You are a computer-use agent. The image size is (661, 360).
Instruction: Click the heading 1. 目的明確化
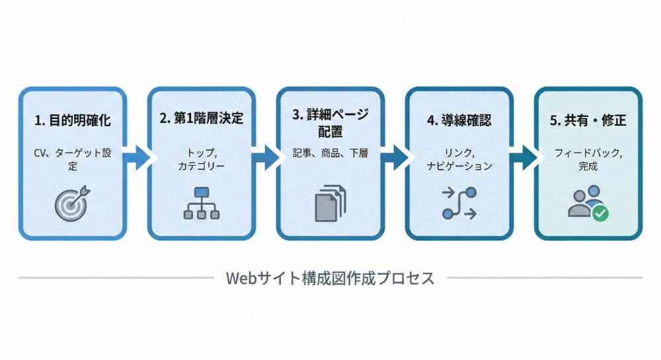pos(72,121)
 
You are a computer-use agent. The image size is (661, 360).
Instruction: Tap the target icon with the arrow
pos(71,203)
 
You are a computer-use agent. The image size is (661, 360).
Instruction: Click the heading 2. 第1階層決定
pos(201,121)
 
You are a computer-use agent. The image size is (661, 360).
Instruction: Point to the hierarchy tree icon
pos(201,203)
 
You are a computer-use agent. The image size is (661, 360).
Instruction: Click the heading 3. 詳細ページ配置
pos(330,122)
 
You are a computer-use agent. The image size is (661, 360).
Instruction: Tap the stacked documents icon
pos(329,203)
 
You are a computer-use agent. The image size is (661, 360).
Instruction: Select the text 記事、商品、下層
pos(330,153)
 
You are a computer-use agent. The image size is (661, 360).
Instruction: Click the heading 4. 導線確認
pos(459,121)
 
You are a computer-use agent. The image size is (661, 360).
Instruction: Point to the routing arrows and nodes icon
pos(459,203)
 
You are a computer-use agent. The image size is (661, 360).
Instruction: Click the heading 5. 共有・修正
pos(588,121)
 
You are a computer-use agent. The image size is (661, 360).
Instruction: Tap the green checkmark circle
pos(600,213)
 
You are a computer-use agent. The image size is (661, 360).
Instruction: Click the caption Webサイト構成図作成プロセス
pos(330,278)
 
